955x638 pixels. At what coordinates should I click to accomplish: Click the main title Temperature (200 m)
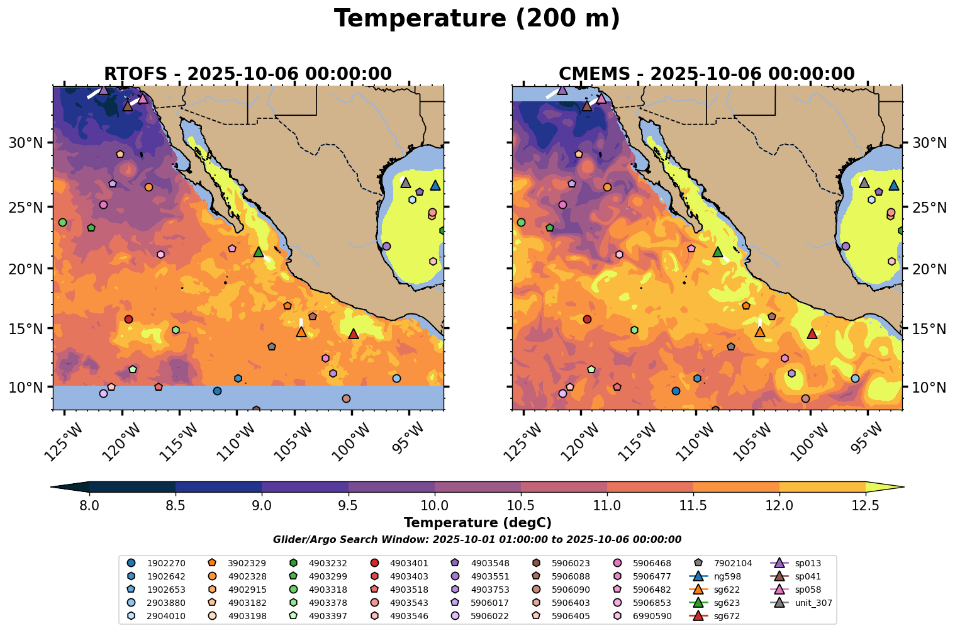tap(477, 19)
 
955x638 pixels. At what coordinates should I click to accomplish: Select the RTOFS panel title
tap(247, 74)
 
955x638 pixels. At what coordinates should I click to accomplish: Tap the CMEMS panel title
tap(706, 74)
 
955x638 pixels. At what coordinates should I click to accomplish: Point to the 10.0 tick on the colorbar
tap(434, 505)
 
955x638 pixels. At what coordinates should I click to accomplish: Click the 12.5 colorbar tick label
tap(865, 505)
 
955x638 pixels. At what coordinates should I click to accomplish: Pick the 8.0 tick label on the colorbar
tap(89, 505)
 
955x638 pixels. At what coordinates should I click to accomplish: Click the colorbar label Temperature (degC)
tap(477, 523)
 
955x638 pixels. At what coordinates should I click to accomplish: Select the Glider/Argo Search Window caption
tap(477, 540)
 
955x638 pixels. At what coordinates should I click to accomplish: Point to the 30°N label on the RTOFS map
tap(25, 143)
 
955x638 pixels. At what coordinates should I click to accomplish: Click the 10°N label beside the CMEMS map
tap(929, 387)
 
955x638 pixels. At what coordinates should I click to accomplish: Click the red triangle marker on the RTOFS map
tap(353, 333)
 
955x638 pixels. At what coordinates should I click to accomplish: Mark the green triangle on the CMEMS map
tap(718, 252)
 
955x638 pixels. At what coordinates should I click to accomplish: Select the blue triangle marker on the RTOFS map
tap(435, 185)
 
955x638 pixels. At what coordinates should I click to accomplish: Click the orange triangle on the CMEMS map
tap(760, 332)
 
